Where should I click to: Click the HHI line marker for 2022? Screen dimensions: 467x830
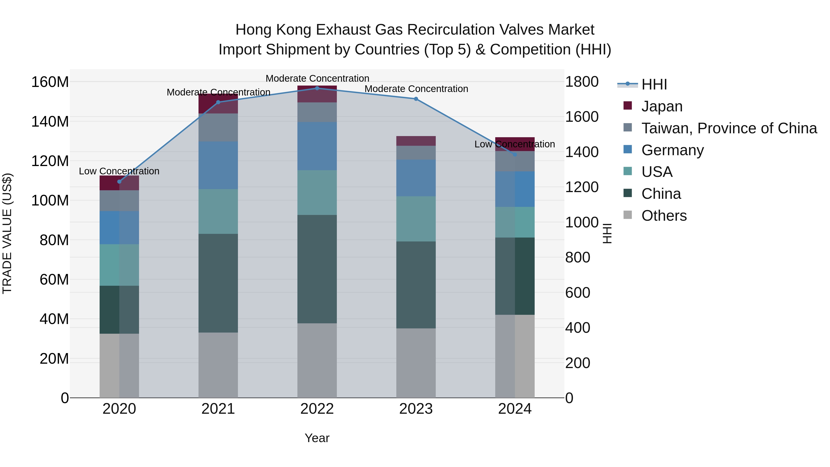pos(317,88)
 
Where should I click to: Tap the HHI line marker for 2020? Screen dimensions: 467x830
pos(119,182)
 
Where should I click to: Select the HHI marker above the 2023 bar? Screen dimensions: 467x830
pos(416,99)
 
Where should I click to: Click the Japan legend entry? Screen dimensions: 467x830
pos(661,106)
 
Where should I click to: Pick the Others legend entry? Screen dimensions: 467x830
pos(664,216)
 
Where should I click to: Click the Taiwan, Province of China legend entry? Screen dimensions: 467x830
pos(729,128)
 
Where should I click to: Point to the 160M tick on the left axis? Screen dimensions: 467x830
pos(50,82)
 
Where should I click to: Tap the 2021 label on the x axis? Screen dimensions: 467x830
pos(218,409)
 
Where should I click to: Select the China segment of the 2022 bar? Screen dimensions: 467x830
pos(317,269)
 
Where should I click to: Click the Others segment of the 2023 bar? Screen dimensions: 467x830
pos(416,363)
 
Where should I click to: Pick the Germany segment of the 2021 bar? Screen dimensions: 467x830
pos(218,165)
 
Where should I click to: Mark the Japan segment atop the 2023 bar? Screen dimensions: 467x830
pos(416,141)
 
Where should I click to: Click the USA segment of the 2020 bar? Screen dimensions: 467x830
pos(119,265)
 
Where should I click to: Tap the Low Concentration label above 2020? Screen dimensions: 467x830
pos(119,171)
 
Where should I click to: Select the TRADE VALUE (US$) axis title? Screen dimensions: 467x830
pos(7,233)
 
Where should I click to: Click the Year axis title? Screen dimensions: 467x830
pos(317,438)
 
